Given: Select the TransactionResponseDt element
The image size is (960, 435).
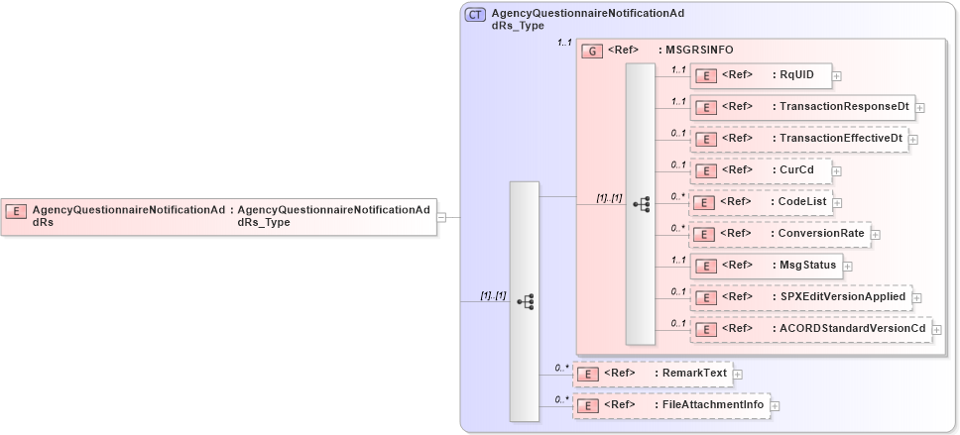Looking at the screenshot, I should click(801, 107).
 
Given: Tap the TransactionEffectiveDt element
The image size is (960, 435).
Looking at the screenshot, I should click(798, 139).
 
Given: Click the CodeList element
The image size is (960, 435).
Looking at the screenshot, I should click(759, 202).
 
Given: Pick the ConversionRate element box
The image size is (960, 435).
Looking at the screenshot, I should click(779, 234).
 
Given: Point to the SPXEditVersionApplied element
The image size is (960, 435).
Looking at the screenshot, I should click(799, 297).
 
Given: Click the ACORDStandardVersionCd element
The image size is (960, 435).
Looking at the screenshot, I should click(810, 329).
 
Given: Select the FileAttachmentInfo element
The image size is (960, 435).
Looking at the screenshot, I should click(670, 405).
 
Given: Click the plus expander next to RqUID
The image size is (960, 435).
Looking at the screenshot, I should click(837, 75).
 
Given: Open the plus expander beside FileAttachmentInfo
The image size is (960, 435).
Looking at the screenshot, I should click(776, 405).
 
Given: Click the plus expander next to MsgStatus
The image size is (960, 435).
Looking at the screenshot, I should click(848, 266).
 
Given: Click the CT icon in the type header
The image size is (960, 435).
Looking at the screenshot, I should click(476, 15).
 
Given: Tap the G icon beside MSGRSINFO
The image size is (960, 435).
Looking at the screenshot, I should click(593, 51).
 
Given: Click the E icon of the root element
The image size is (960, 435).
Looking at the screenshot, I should click(16, 211).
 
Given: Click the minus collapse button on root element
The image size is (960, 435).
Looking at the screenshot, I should click(442, 217).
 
